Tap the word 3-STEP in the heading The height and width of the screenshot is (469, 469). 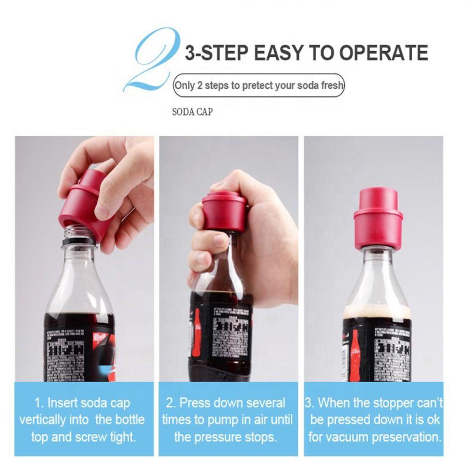[215, 53]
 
